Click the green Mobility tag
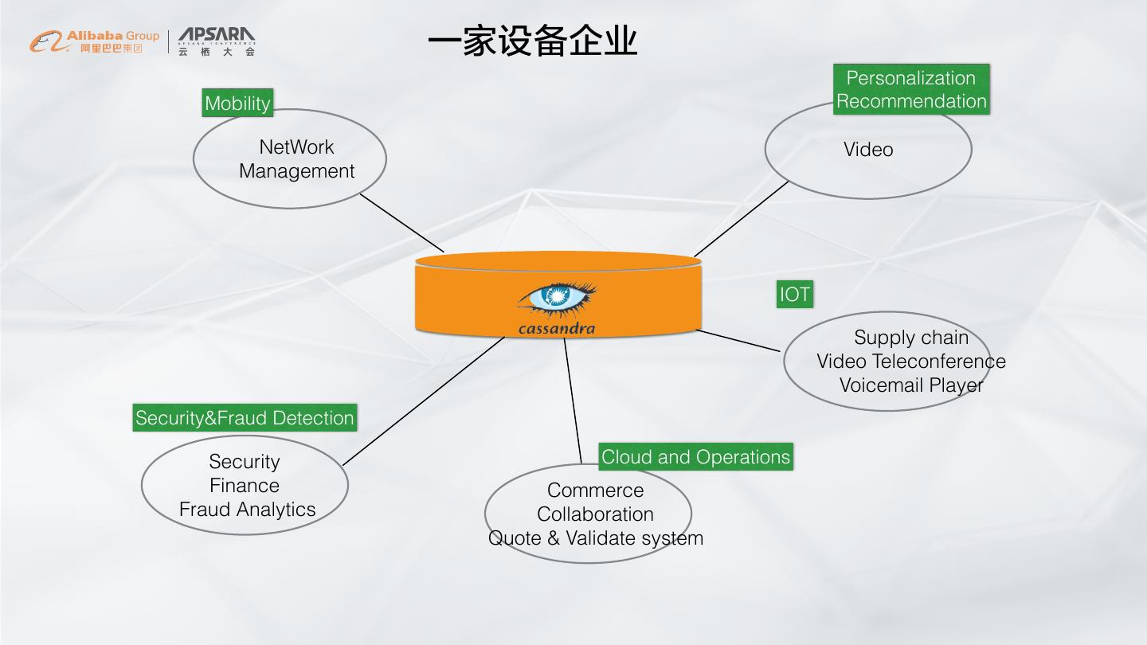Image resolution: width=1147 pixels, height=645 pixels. tap(237, 103)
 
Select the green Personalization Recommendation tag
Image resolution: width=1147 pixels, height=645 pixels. tap(911, 89)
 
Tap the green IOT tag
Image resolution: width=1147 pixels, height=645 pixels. tap(794, 295)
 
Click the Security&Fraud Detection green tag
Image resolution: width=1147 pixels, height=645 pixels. tap(245, 418)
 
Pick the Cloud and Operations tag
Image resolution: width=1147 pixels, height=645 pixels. tap(695, 457)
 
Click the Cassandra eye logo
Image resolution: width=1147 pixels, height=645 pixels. tap(557, 298)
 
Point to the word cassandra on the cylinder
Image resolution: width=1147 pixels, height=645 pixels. tap(556, 328)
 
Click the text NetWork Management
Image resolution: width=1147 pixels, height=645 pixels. tap(296, 158)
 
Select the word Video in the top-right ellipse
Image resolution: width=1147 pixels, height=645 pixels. tap(868, 150)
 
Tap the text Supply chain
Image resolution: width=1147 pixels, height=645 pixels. tap(911, 338)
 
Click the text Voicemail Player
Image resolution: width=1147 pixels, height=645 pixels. tap(911, 385)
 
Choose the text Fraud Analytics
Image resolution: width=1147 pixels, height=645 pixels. tap(247, 510)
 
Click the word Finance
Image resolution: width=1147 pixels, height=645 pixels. tap(245, 486)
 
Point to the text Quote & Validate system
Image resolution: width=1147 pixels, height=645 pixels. tap(596, 538)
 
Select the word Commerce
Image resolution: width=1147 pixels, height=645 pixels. tap(595, 491)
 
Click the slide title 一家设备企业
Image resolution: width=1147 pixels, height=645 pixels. tap(532, 41)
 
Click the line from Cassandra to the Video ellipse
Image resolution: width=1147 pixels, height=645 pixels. tap(741, 219)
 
